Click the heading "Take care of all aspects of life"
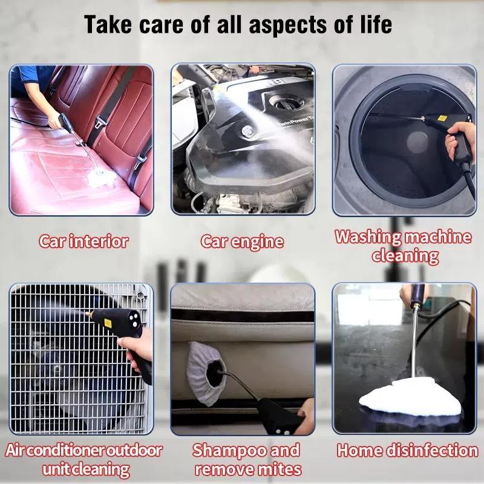pyautogui.click(x=238, y=25)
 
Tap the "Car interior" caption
pyautogui.click(x=84, y=241)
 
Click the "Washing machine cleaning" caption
pyautogui.click(x=404, y=246)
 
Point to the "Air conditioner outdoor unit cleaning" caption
pyautogui.click(x=84, y=459)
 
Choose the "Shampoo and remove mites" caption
pyautogui.click(x=245, y=459)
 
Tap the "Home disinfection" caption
pyautogui.click(x=407, y=450)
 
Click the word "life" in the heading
pyautogui.click(x=376, y=25)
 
